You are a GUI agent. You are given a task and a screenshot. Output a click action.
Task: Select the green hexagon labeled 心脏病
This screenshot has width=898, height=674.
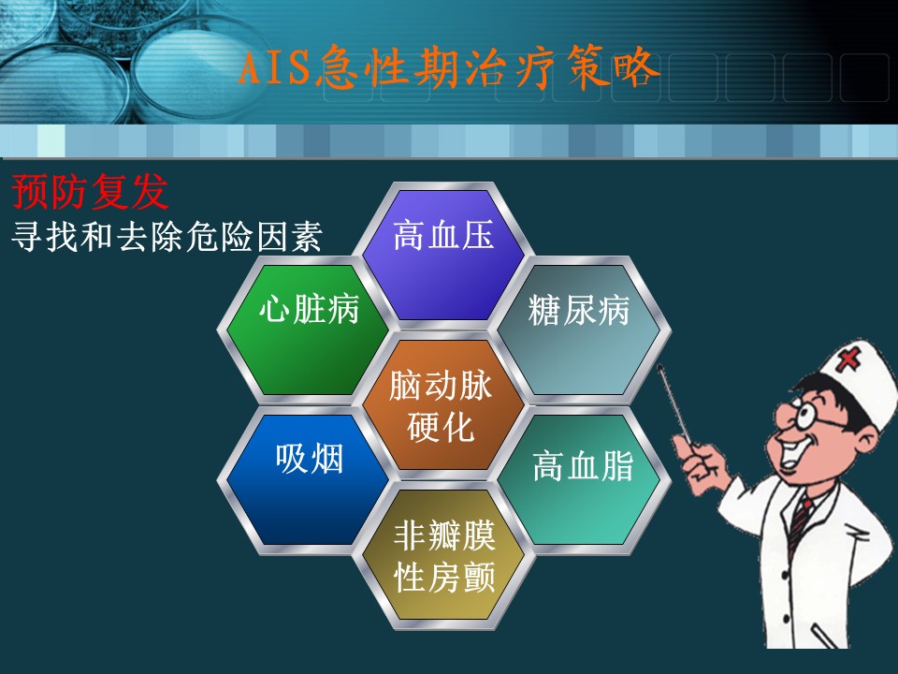[308, 330]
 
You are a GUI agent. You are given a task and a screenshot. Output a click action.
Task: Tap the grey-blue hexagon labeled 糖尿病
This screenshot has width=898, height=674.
[579, 330]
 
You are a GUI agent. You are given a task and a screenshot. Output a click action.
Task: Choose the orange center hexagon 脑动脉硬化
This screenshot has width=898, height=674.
[443, 404]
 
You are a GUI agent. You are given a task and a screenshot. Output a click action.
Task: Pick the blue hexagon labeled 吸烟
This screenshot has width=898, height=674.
[308, 479]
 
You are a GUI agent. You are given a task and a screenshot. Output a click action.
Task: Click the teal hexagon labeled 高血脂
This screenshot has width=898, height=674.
[579, 479]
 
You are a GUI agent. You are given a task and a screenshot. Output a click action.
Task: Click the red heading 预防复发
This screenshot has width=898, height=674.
[90, 192]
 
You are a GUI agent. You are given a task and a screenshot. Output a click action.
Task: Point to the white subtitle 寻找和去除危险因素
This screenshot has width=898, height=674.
[167, 236]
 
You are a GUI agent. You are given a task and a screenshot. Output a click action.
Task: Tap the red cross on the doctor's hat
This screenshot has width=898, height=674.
[848, 359]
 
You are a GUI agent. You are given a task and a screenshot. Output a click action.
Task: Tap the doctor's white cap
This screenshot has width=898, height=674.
[859, 378]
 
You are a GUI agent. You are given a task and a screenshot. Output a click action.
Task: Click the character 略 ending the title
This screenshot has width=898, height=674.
[636, 68]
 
